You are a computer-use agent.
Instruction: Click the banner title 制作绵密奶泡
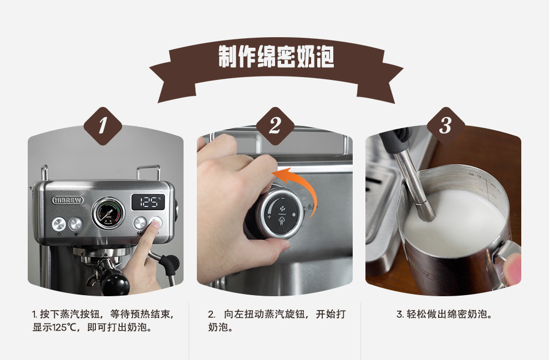click(276, 57)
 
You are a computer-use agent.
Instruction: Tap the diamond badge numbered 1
click(103, 126)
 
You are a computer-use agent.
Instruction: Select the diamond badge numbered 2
click(275, 126)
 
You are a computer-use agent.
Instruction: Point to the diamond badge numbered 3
click(446, 126)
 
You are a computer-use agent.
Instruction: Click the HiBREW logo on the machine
click(68, 200)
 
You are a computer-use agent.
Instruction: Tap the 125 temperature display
click(148, 202)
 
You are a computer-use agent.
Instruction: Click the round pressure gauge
click(108, 213)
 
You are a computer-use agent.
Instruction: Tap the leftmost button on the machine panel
click(59, 224)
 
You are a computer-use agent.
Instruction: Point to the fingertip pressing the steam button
click(155, 224)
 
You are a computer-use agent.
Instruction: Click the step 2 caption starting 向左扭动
click(277, 321)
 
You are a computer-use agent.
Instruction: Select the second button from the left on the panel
click(75, 224)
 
